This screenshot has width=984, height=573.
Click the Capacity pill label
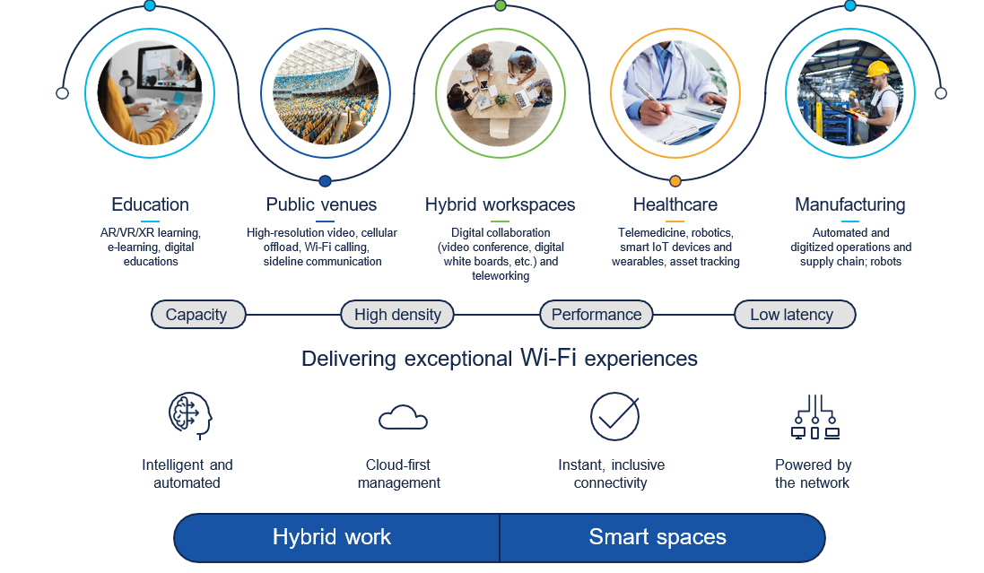click(x=197, y=315)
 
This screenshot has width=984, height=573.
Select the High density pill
click(x=397, y=315)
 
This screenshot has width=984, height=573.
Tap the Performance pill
click(x=596, y=315)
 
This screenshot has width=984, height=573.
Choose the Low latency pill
click(x=795, y=315)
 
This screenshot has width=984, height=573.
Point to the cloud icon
click(x=403, y=417)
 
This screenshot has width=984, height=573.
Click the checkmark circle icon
click(x=614, y=417)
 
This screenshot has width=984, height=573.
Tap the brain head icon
click(x=190, y=415)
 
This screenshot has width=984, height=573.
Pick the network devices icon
click(x=815, y=417)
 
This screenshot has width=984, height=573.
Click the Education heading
click(x=150, y=204)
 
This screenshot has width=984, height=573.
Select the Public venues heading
click(x=321, y=204)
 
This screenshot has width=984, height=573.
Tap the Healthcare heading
click(x=675, y=204)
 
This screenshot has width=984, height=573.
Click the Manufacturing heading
click(x=850, y=204)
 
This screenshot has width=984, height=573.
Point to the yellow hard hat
click(x=878, y=68)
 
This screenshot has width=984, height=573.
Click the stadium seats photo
click(x=326, y=93)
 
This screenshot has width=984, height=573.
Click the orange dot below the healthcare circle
click(x=675, y=181)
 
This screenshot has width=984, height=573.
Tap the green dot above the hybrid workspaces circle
click(x=501, y=5)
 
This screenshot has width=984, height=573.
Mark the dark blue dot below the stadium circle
click(x=325, y=181)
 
